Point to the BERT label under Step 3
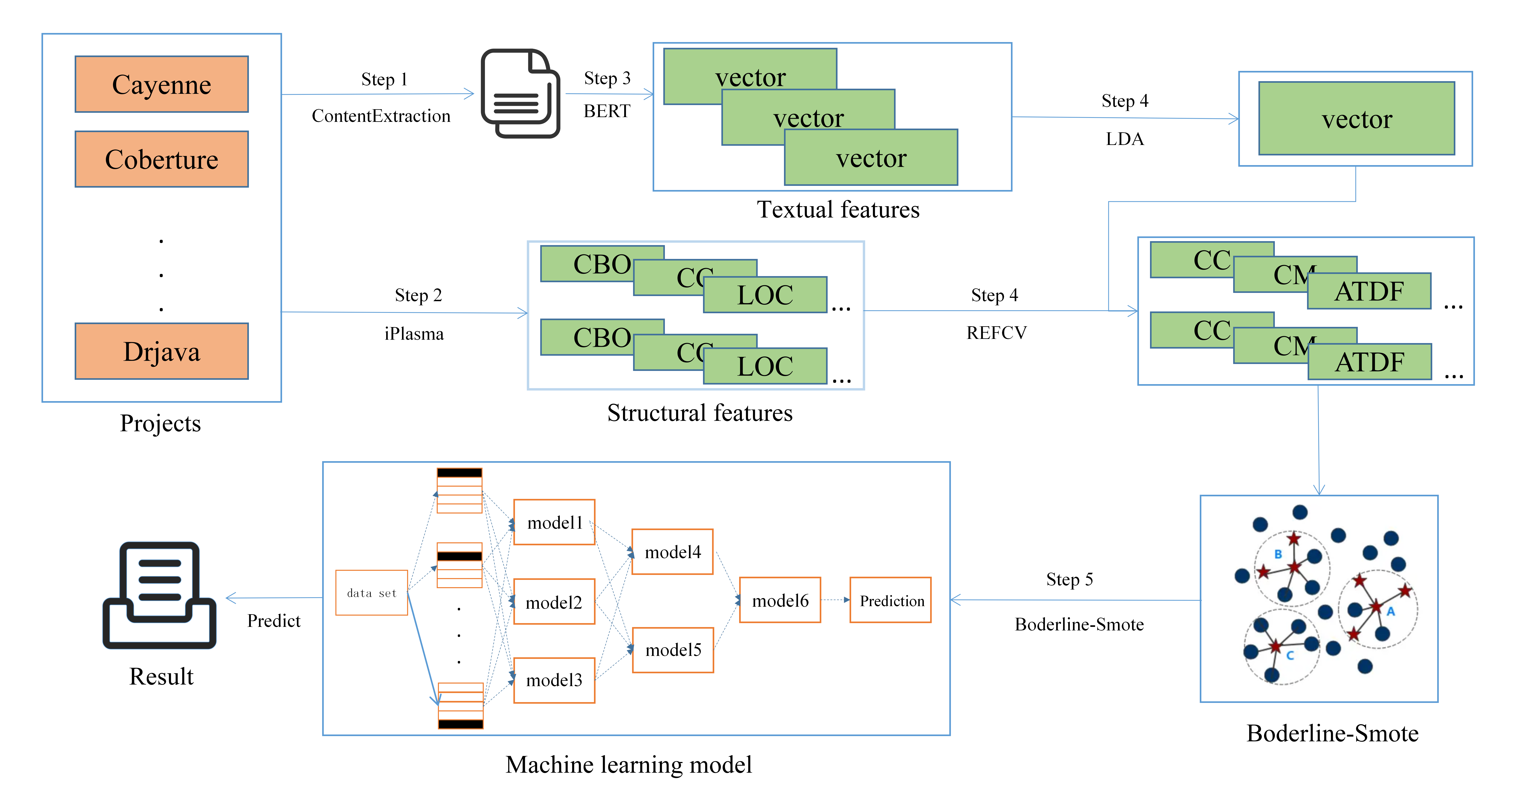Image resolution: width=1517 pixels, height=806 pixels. tap(607, 111)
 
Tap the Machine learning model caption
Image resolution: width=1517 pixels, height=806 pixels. tap(628, 764)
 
